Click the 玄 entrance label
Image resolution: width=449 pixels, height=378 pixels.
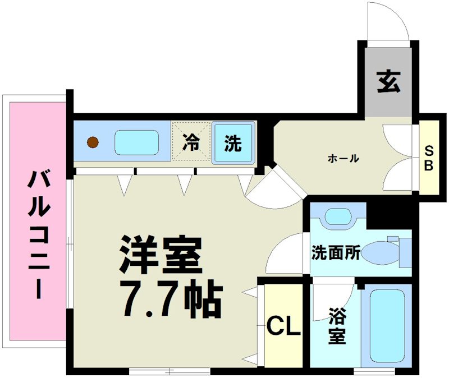point(388,82)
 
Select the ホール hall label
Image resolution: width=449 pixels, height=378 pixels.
point(343,159)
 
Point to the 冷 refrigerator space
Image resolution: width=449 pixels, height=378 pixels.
point(191,143)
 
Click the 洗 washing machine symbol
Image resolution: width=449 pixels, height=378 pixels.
point(232,144)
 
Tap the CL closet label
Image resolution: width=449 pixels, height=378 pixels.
point(283,326)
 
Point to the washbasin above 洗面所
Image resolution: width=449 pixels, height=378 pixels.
point(337,216)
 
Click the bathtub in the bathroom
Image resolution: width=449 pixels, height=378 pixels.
point(388,325)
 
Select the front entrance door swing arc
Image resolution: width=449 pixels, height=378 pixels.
point(387,22)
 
